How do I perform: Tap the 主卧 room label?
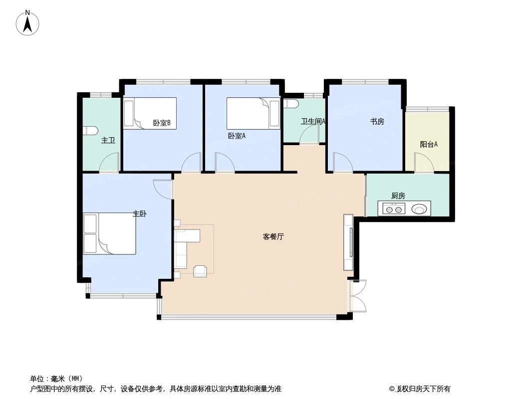(139, 213)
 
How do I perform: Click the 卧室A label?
(237, 135)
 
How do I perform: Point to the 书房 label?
(377, 121)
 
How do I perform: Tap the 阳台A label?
(429, 145)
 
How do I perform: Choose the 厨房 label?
(398, 196)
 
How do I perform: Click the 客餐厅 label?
(273, 237)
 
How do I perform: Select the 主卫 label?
(108, 141)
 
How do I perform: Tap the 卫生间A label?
(313, 121)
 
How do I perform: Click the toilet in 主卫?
(90, 131)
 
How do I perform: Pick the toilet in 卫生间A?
(291, 104)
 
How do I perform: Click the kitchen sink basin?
(420, 208)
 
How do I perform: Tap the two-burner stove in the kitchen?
(393, 208)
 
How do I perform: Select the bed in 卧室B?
(150, 113)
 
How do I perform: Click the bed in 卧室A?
(254, 113)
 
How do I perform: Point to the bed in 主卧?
(110, 233)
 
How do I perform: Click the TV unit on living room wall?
(349, 242)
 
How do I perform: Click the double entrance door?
(358, 296)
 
